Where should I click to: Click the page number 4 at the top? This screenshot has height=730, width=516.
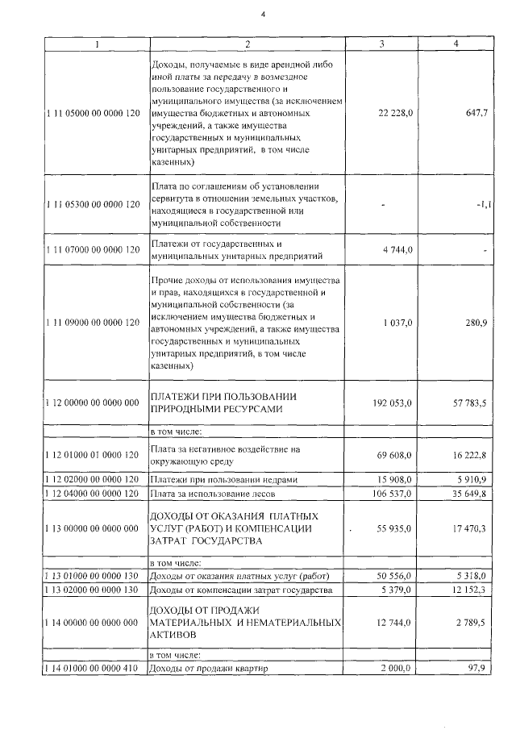point(263,14)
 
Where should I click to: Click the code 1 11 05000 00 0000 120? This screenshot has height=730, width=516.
point(93,114)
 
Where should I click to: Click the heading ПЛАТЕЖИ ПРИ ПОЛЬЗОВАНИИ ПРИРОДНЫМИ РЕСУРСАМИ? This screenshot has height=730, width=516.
point(225,403)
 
